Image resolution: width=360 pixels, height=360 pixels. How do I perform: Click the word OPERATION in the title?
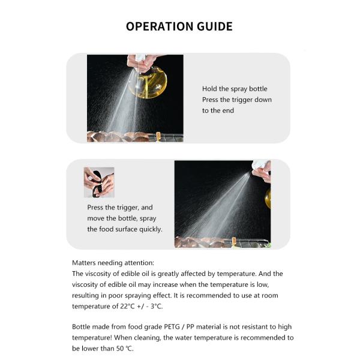click(160, 26)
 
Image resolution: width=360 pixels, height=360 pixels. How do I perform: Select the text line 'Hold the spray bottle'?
click(235, 89)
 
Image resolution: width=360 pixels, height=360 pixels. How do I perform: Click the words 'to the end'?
click(218, 110)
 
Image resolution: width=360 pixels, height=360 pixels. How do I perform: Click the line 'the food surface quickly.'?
click(124, 229)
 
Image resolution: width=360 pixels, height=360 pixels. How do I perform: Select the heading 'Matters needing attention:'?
click(113, 262)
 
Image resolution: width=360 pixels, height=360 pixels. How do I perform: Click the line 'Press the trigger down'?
click(236, 100)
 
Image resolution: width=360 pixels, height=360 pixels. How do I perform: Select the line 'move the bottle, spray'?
click(121, 218)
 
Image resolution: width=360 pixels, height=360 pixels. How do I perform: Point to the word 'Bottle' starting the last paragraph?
click(82, 327)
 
